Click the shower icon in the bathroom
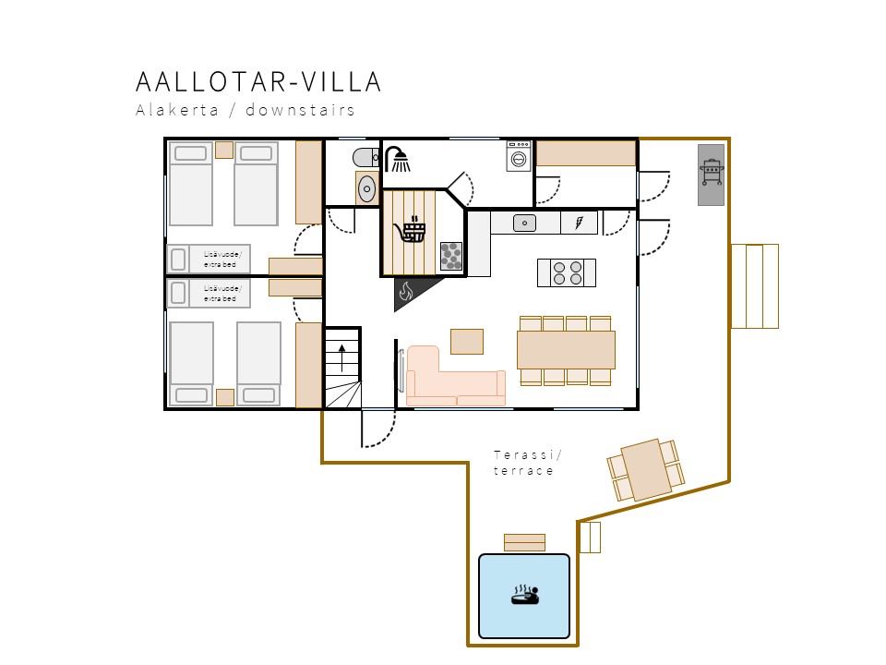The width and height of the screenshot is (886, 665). click(x=398, y=160)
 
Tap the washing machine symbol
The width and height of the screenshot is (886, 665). click(x=519, y=156)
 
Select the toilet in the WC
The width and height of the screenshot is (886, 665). click(x=366, y=157)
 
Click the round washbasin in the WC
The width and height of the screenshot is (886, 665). click(x=366, y=188)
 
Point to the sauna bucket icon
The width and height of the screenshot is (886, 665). click(x=410, y=230)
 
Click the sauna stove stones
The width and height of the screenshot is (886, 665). click(x=451, y=256)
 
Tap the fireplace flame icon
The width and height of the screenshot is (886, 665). click(x=406, y=293)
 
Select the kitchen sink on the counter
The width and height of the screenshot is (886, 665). click(x=524, y=224)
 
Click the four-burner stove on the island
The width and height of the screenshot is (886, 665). click(x=567, y=272)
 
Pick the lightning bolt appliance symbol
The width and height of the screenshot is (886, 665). click(x=580, y=223)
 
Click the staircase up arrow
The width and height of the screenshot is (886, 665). click(x=341, y=358)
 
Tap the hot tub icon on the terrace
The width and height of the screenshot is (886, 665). click(x=525, y=594)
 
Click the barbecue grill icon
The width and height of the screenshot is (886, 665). click(x=711, y=173)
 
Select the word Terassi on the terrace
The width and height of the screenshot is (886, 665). click(x=528, y=455)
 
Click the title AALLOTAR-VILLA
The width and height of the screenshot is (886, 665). click(x=258, y=82)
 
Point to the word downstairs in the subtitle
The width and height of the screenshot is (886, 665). click(x=300, y=110)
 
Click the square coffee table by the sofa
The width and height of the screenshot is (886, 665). click(x=467, y=342)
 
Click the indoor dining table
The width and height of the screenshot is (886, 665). click(x=566, y=351)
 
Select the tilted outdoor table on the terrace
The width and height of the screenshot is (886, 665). click(x=646, y=470)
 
